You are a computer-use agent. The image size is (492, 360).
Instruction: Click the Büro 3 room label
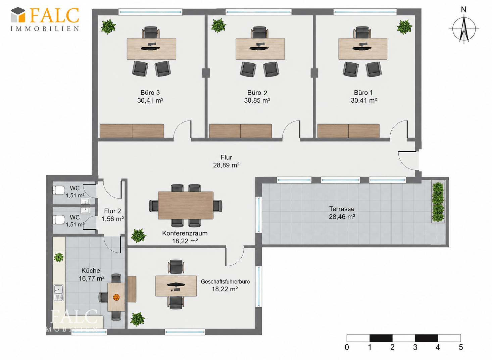[150, 92]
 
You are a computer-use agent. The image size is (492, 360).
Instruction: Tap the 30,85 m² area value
[257, 100]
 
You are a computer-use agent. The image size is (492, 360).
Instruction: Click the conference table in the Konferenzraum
[186, 205]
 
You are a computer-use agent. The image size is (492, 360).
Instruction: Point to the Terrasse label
[342, 209]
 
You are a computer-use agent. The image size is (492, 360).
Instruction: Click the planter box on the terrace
[438, 202]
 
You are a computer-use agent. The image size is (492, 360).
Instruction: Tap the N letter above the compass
[463, 10]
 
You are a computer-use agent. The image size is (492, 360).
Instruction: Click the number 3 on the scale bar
[415, 347]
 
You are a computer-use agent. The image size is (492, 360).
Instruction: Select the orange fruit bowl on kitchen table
[116, 298]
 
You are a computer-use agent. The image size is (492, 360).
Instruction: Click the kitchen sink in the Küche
[58, 293]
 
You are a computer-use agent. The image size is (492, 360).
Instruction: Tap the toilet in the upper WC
[58, 190]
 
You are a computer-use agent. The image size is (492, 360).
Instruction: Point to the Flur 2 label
[112, 211]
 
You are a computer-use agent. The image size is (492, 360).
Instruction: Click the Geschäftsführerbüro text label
[225, 281]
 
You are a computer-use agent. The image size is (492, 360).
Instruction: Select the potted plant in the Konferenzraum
[138, 236]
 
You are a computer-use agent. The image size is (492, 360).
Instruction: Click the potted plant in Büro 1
[405, 27]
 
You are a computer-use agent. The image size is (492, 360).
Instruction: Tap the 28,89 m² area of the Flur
[226, 165]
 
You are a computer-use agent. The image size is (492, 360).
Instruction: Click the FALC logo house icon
[18, 15]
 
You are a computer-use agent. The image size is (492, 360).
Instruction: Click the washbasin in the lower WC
[85, 210]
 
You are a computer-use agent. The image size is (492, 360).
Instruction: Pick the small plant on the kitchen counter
[59, 257]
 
